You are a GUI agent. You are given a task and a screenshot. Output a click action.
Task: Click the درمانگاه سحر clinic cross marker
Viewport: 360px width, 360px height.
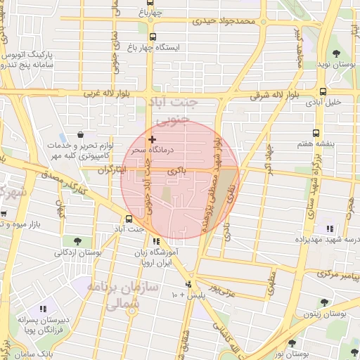pyautogui.click(x=152, y=140)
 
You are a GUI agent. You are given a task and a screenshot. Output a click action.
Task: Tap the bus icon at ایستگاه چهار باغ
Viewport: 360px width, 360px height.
pyautogui.click(x=153, y=37)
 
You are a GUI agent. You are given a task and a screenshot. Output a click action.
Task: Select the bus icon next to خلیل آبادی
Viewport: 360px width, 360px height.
pyautogui.click(x=323, y=91)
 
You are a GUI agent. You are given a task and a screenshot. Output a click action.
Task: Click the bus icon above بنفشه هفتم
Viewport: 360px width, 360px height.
pyautogui.click(x=315, y=132)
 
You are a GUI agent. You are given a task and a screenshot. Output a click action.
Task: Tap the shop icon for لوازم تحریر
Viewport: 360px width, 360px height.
pyautogui.click(x=82, y=134)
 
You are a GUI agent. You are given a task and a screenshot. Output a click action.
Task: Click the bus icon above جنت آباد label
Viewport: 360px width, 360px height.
pyautogui.click(x=129, y=219)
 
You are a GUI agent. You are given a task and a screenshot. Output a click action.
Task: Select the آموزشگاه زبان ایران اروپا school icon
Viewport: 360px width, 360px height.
pyautogui.click(x=155, y=242)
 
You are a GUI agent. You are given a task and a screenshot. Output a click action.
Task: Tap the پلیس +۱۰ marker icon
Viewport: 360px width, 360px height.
pyautogui.click(x=188, y=285)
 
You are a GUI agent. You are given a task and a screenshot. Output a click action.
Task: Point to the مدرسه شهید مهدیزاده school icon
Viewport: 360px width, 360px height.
pyautogui.click(x=329, y=228)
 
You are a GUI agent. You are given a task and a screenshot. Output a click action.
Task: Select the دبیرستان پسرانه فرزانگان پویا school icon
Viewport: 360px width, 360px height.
pyautogui.click(x=43, y=309)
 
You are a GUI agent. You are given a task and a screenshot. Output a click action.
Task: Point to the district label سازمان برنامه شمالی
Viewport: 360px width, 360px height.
pyautogui.click(x=115, y=296)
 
